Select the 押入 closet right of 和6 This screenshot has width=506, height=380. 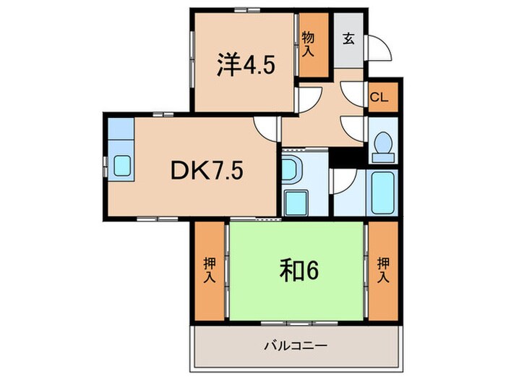[383, 270]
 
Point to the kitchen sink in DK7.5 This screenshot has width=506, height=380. [121, 166]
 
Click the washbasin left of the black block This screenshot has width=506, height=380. [293, 170]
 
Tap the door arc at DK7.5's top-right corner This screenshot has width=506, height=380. [266, 128]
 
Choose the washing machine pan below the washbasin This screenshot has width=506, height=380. [294, 202]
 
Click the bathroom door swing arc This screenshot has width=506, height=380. [341, 181]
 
